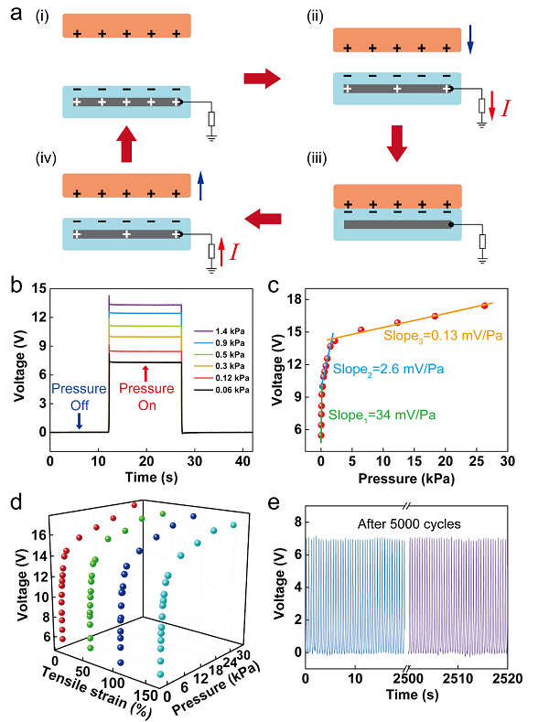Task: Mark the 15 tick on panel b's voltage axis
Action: pos(36,288)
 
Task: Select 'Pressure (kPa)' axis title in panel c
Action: pos(413,476)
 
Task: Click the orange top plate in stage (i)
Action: pos(126,26)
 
